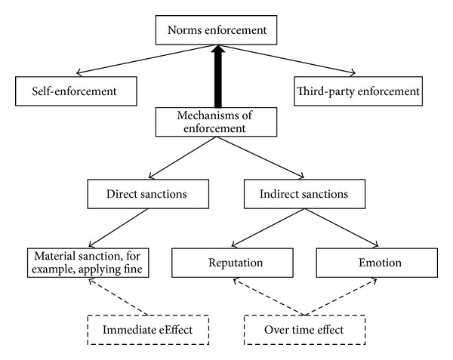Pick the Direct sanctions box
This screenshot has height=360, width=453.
point(148,194)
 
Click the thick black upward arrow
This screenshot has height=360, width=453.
point(218,75)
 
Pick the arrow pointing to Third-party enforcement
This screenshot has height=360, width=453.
point(287,60)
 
